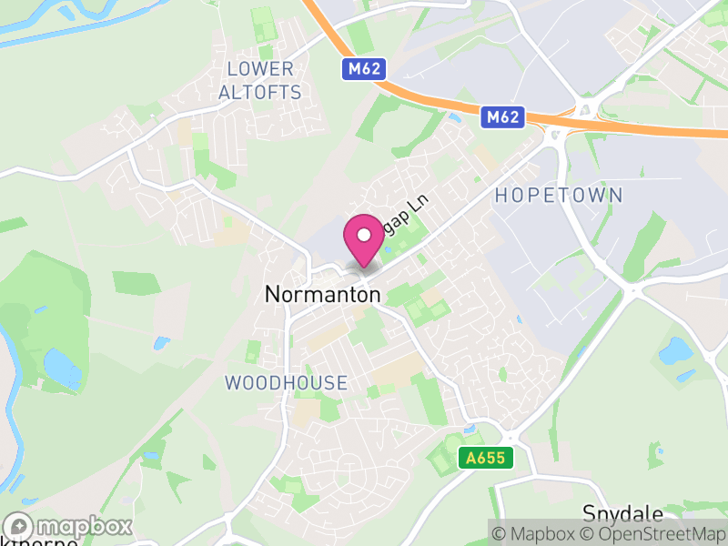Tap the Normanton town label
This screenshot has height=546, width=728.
[x=322, y=295]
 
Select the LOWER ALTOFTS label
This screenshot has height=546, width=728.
[x=261, y=80]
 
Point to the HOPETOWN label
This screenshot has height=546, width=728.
[x=559, y=195]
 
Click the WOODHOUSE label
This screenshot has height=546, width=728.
[x=286, y=383]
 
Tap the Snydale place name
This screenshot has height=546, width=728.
[x=624, y=512]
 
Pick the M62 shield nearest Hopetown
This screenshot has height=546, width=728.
[x=503, y=116]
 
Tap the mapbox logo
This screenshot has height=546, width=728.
[x=69, y=527]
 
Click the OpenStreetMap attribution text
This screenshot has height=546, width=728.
[x=657, y=534]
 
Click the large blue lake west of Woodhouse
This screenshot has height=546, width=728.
[x=61, y=368]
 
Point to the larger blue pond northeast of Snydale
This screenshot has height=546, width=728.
[x=675, y=349]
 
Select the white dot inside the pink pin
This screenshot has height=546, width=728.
[x=364, y=235]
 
